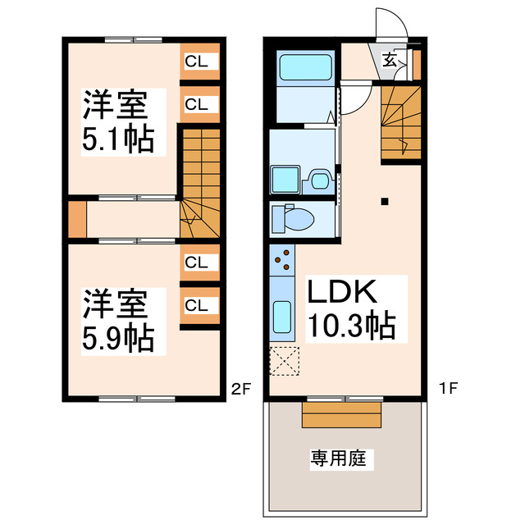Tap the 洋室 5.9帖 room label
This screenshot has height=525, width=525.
click(117, 320)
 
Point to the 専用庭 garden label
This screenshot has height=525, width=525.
click(342, 458)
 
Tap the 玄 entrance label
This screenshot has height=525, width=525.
click(391, 59)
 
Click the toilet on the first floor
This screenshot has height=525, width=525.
click(296, 219)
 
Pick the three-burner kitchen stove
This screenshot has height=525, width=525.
click(281, 259)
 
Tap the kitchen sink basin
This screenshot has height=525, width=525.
click(281, 317)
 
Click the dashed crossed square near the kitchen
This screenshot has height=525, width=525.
click(285, 361)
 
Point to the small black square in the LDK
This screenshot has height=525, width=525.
click(384, 201)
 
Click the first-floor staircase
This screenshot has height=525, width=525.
click(401, 123)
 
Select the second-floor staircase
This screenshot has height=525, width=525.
click(199, 180)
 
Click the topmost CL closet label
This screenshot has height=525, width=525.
click(196, 60)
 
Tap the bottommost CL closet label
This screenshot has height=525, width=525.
click(196, 306)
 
